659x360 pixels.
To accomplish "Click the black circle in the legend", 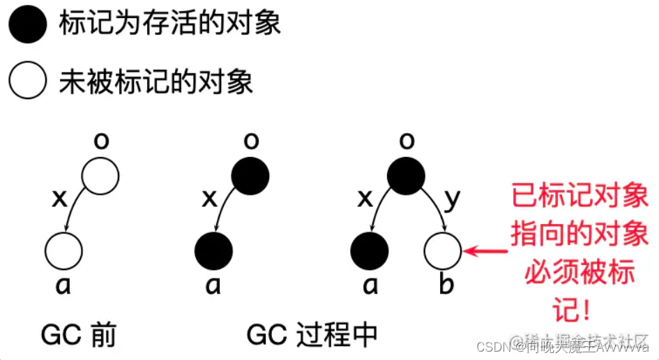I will pyautogui.click(x=28, y=26).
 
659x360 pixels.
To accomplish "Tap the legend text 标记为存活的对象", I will pyautogui.click(x=169, y=25).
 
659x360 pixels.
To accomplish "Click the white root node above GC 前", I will pyautogui.click(x=101, y=176).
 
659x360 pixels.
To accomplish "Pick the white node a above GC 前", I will pyautogui.click(x=63, y=250).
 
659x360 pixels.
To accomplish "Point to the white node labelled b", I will pyautogui.click(x=442, y=250).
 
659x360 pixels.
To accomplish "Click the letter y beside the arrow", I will pyautogui.click(x=453, y=199).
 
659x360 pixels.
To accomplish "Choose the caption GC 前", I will pyautogui.click(x=79, y=336).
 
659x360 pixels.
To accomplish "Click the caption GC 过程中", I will pyautogui.click(x=312, y=336).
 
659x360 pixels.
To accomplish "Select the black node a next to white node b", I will pyautogui.click(x=369, y=250).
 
